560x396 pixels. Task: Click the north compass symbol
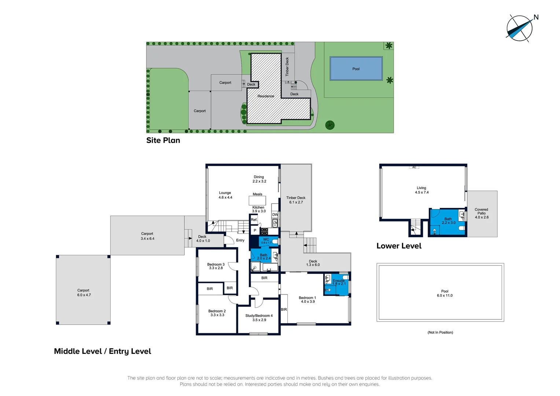(519, 28)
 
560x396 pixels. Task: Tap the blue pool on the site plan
(356, 69)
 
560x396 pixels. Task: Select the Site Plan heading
(163, 140)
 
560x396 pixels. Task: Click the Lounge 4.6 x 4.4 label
(225, 195)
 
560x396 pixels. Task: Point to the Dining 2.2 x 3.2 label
(259, 179)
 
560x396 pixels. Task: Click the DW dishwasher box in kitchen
(275, 214)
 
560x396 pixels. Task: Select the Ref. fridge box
(254, 220)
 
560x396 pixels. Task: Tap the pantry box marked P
(255, 231)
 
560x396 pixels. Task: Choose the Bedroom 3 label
(216, 266)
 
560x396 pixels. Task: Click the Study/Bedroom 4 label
(259, 318)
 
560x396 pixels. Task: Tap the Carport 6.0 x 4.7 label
(84, 293)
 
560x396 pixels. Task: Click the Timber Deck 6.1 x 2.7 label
(296, 200)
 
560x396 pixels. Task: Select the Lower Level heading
(399, 246)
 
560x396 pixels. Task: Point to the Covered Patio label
(482, 213)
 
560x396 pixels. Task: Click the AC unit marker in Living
(414, 167)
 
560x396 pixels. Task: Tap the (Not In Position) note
(440, 333)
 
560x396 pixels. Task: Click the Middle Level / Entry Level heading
(103, 351)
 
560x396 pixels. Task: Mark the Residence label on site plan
(266, 96)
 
